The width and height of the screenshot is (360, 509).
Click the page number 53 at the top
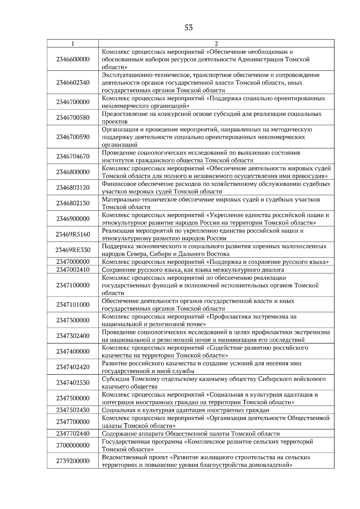click(189, 28)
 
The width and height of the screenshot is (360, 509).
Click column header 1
click(73, 43)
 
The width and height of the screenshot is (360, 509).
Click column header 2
click(216, 43)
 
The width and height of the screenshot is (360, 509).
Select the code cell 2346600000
click(73, 59)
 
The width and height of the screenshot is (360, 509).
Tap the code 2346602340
click(73, 83)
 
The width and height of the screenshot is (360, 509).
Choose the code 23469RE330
click(73, 250)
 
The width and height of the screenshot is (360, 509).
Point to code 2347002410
click(73, 269)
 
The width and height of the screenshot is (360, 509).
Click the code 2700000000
click(73, 445)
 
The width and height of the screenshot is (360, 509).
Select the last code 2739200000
click(73, 461)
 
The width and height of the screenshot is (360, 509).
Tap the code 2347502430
click(73, 410)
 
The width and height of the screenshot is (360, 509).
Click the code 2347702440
click(73, 433)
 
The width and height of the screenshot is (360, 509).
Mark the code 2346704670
click(73, 156)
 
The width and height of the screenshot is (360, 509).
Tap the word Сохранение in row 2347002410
click(117, 269)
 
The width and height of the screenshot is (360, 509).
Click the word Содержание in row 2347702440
click(118, 433)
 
